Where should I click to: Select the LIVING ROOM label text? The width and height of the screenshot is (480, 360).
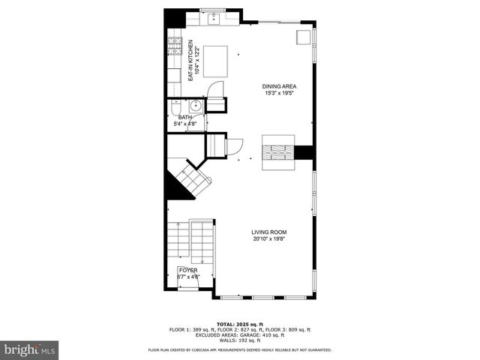pos(269,232)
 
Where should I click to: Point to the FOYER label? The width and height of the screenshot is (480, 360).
pos(188,269)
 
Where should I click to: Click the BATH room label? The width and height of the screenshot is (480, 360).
pos(184,117)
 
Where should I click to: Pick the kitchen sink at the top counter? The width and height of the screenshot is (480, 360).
pos(214,17)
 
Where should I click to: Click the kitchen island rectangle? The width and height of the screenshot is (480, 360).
pos(217,57)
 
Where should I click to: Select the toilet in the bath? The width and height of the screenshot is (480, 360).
pos(175,106)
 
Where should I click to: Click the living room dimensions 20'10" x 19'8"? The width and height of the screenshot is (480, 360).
pos(269,239)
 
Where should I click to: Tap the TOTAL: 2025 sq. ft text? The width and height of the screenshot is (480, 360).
pos(240,324)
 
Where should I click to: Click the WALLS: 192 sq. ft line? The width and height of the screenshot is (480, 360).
pos(240,340)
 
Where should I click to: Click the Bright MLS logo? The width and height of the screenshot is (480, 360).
pos(30,349)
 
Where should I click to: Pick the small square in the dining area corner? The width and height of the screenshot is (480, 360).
pos(304,38)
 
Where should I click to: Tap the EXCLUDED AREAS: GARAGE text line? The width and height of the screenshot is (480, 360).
pos(240,334)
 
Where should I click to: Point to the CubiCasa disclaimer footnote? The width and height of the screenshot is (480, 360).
pos(240,349)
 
